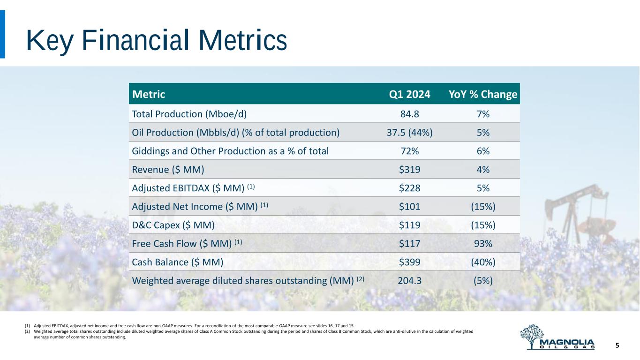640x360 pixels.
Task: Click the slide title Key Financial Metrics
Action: [157, 40]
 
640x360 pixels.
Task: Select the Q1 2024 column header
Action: [409, 94]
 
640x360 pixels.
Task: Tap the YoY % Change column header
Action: [483, 94]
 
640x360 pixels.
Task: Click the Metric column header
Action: [149, 94]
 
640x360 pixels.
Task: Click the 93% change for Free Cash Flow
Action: [483, 243]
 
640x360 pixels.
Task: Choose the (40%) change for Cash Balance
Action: [483, 262]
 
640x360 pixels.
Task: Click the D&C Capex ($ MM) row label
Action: [173, 225]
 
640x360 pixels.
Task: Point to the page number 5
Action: [617, 345]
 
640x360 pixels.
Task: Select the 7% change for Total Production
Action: [483, 114]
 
